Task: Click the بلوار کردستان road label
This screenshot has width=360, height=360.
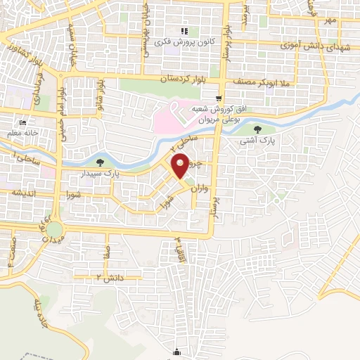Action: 185,79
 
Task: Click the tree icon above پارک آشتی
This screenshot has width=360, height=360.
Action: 257,129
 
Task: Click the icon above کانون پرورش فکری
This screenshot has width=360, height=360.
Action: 185,31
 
